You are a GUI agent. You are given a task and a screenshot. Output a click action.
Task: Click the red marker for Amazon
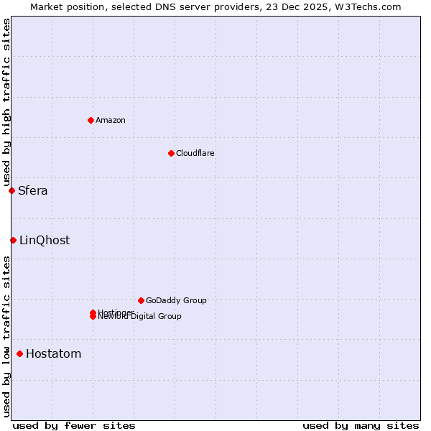tap(91, 120)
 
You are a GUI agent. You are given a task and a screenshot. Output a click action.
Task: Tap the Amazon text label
tap(111, 120)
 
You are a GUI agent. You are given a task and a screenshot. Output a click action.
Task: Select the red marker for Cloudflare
tap(171, 153)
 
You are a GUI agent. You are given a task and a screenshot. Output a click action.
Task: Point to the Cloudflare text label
tap(195, 153)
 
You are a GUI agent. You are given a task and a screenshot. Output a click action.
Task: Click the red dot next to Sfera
tap(11, 190)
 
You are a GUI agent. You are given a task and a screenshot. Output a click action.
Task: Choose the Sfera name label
tap(33, 190)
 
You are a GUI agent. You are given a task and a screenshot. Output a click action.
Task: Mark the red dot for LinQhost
tap(13, 240)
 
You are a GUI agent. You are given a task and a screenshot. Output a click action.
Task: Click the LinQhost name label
tap(45, 240)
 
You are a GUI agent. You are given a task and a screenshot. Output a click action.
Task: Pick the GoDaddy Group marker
tap(141, 300)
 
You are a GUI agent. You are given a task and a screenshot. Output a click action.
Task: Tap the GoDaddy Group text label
tap(176, 300)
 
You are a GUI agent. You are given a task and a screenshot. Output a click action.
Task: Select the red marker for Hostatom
tap(19, 353)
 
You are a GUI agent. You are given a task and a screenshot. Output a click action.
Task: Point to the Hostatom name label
tap(54, 353)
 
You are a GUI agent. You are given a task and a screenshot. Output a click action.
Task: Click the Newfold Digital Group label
tap(141, 317)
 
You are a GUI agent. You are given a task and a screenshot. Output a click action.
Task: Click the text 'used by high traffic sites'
tap(6, 103)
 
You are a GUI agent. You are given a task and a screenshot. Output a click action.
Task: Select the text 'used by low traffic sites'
tap(6, 336)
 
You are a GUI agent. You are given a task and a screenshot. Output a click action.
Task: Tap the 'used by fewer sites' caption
tap(74, 425)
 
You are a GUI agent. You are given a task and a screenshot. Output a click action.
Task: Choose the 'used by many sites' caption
tap(361, 425)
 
